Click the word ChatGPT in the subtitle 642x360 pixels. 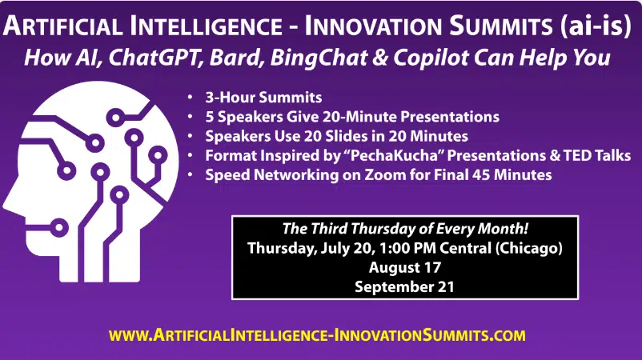pos(155,58)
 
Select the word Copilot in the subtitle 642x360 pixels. pos(431,58)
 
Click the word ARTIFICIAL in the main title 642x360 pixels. pos(62,26)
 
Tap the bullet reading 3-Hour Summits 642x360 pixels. pos(263,98)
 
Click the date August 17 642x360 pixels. pos(404,267)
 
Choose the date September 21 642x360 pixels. pos(404,286)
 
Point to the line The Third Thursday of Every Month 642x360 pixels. pos(405,229)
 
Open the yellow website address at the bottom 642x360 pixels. pos(317,335)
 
